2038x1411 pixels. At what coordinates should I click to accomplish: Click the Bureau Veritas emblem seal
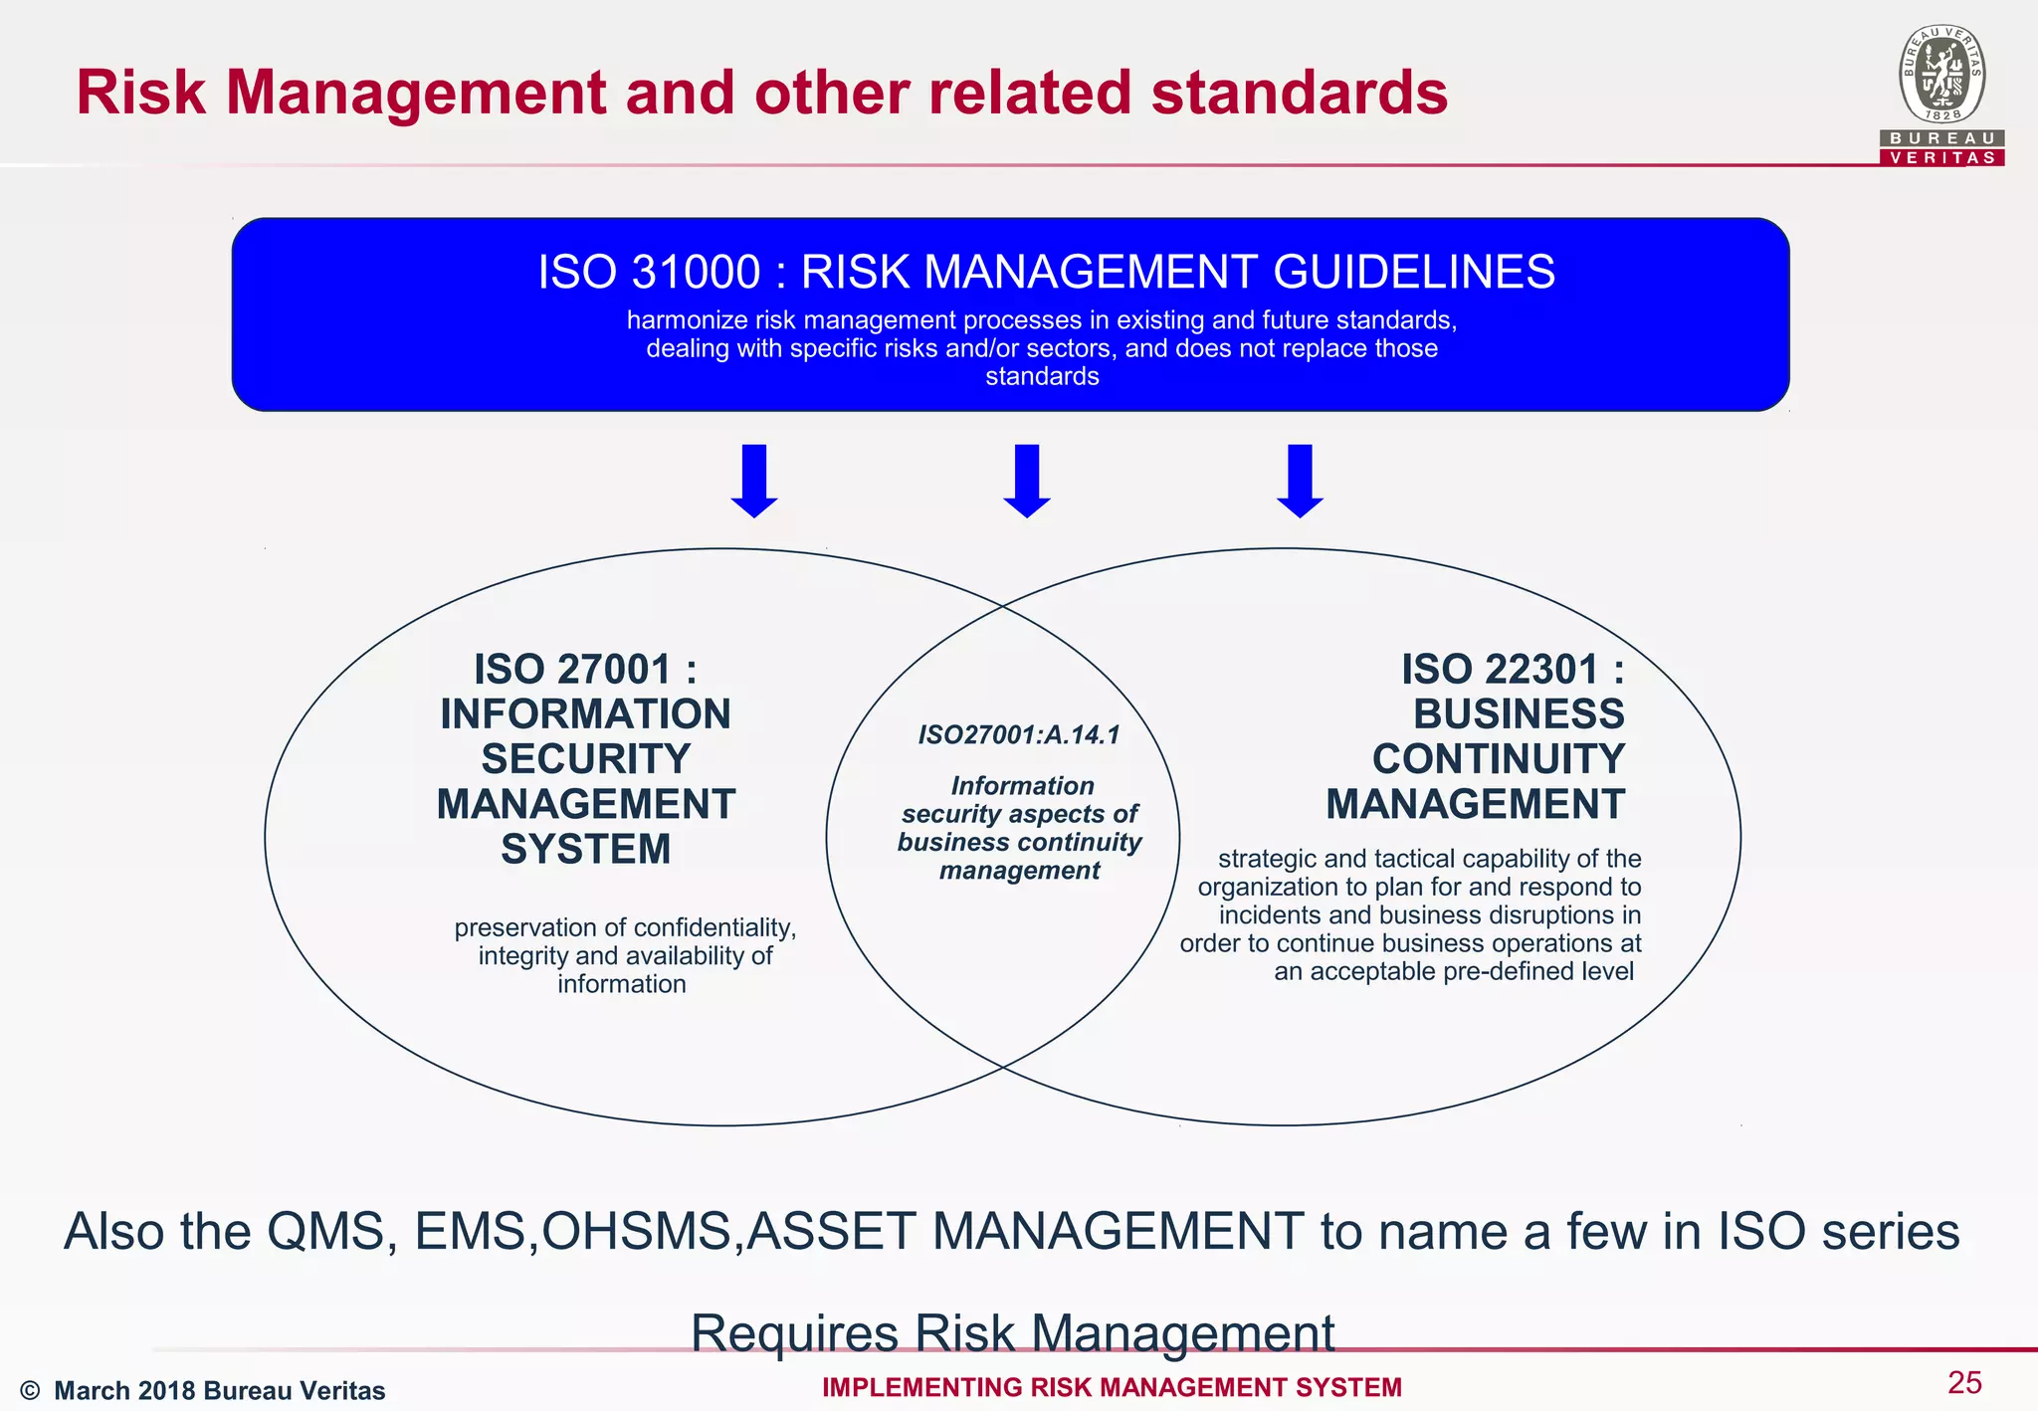1942,75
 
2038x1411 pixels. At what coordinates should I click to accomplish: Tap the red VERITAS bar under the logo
1942,158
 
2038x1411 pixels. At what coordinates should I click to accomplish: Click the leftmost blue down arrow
754,481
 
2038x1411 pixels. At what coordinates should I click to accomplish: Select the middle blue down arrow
1027,481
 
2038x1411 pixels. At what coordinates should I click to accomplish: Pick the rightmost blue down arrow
1300,481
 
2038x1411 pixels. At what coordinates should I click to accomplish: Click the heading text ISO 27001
572,670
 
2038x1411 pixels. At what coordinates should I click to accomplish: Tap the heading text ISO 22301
1500,670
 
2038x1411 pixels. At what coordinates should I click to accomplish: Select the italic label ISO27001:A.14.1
1019,735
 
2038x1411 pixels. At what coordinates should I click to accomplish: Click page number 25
1964,1382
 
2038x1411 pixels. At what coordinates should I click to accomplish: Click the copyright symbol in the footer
30,1390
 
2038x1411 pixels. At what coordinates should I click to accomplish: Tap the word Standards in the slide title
1299,93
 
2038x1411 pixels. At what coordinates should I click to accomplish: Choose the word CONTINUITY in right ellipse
1498,759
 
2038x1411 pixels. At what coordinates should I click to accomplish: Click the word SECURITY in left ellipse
585,759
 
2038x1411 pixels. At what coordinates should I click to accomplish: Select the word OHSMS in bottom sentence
636,1232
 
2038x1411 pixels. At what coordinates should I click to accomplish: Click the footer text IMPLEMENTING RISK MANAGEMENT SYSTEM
1112,1387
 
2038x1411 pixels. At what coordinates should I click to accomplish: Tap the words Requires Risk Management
1012,1333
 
